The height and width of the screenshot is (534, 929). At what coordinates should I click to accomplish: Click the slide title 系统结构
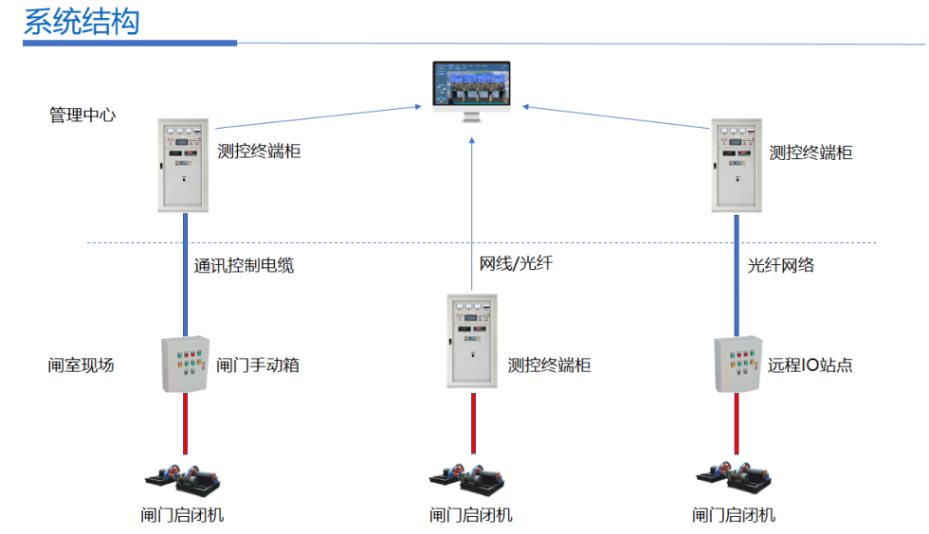82,22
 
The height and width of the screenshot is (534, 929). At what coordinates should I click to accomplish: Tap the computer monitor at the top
471,88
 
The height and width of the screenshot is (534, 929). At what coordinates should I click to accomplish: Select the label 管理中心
82,116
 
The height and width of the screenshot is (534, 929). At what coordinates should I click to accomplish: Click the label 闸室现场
82,365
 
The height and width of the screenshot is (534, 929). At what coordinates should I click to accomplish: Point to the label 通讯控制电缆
244,266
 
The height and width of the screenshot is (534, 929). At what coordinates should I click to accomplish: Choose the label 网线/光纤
516,263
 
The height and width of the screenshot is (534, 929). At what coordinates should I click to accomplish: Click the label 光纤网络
780,266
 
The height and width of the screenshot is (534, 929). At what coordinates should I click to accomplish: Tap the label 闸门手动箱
258,365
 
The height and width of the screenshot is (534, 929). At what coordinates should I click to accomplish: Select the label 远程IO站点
811,365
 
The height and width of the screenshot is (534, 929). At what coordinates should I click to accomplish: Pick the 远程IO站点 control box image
738,364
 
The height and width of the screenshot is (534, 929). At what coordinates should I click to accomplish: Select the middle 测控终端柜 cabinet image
472,341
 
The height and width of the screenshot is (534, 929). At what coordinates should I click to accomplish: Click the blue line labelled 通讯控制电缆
186,275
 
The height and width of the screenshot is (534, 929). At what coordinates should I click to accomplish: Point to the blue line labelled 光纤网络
738,275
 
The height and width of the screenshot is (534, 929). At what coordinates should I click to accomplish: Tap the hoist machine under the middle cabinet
471,479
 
